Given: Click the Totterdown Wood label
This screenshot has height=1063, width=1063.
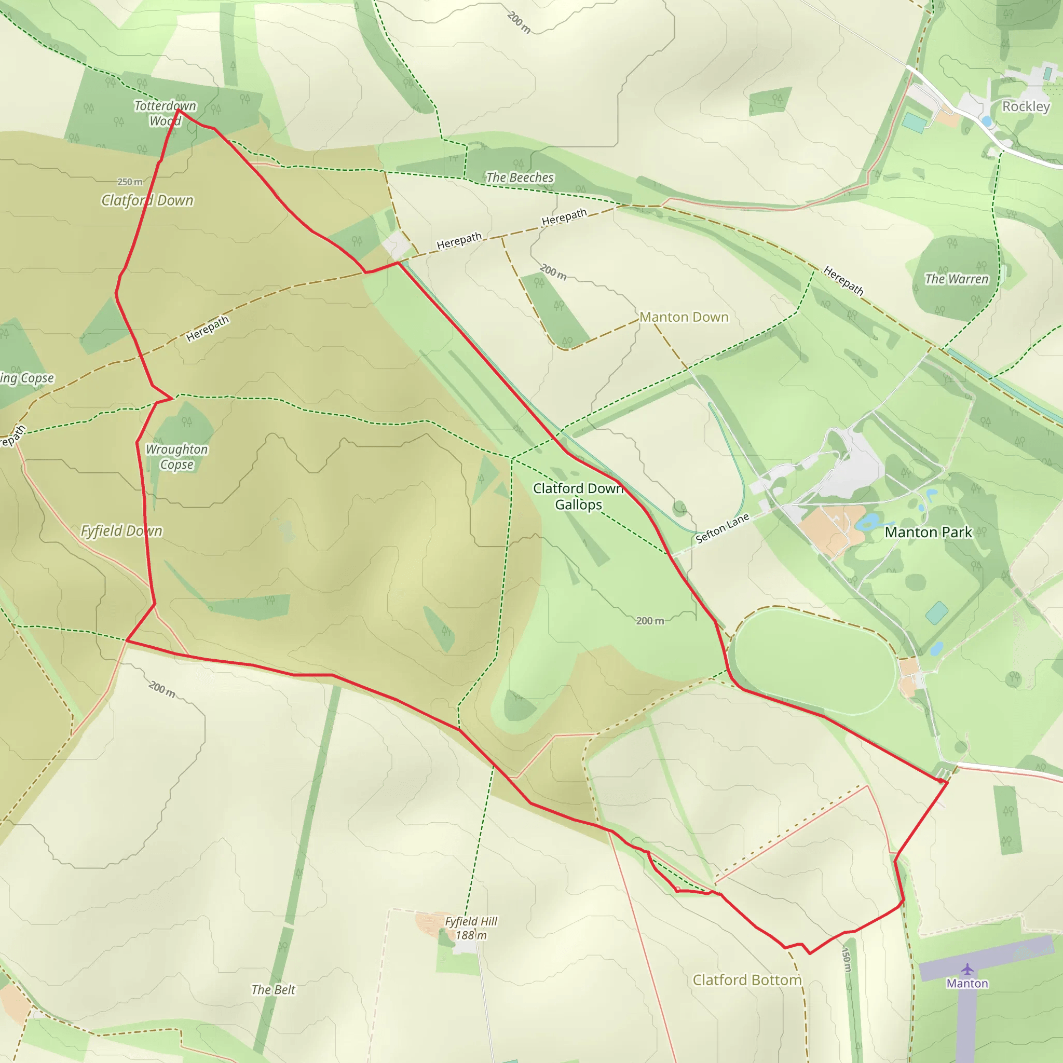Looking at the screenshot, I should pyautogui.click(x=165, y=113).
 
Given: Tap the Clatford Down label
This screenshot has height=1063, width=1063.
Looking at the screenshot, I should pyautogui.click(x=147, y=200).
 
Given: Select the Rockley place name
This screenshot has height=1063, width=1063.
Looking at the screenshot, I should pyautogui.click(x=1026, y=106).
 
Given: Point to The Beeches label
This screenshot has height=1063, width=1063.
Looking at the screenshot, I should pyautogui.click(x=520, y=177).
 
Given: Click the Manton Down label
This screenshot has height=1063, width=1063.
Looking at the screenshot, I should pyautogui.click(x=684, y=317).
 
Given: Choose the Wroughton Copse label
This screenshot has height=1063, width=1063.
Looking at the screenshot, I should pyautogui.click(x=176, y=457).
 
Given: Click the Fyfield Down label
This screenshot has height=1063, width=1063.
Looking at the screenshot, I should pyautogui.click(x=121, y=531).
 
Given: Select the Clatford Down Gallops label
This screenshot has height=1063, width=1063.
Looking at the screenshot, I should pyautogui.click(x=578, y=496).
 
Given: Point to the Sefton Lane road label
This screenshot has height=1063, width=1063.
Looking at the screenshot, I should pyautogui.click(x=722, y=528).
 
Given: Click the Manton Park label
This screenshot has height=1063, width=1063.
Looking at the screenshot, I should pyautogui.click(x=928, y=532).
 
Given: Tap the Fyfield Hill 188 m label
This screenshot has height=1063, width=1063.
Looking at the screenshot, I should pyautogui.click(x=471, y=928).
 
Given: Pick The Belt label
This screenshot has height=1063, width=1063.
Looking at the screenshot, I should pyautogui.click(x=274, y=990).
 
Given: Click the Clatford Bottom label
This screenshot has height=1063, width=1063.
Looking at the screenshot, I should pyautogui.click(x=746, y=980).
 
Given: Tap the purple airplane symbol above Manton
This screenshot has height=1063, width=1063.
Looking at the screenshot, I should pyautogui.click(x=967, y=969).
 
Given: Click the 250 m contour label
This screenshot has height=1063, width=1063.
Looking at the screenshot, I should pyautogui.click(x=130, y=182).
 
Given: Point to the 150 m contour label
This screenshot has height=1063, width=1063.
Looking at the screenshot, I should pyautogui.click(x=847, y=959).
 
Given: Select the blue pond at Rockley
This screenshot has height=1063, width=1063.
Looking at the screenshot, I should pyautogui.click(x=987, y=121).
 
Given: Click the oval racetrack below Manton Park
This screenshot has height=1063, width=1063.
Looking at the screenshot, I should pyautogui.click(x=814, y=660).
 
